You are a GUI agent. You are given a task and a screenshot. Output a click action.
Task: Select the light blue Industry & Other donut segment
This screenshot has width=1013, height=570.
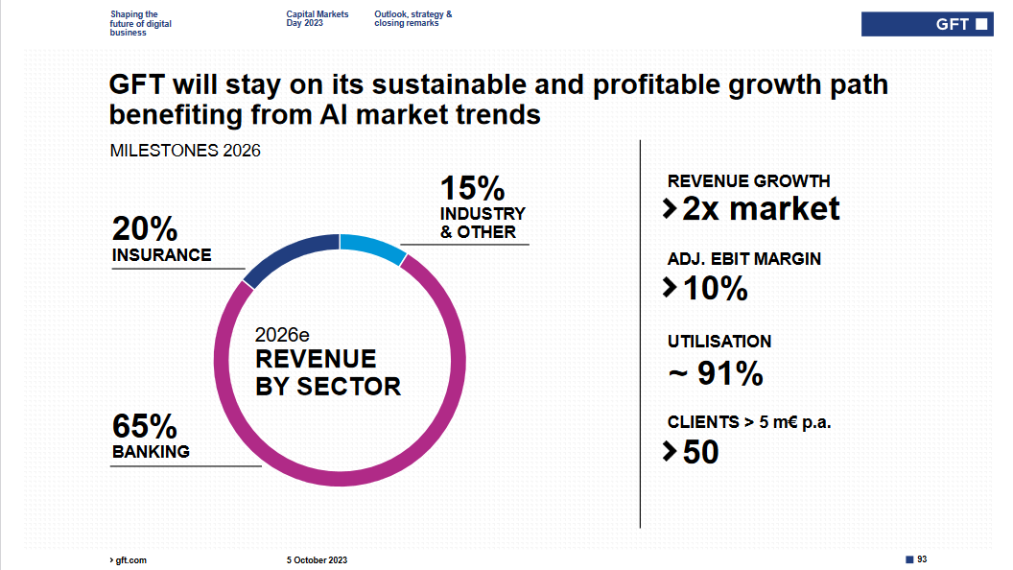pyautogui.click(x=373, y=247)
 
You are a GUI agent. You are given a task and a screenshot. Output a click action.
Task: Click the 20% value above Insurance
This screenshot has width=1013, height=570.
pyautogui.click(x=145, y=229)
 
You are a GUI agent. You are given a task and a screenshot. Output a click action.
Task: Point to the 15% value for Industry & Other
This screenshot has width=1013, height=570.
pyautogui.click(x=472, y=188)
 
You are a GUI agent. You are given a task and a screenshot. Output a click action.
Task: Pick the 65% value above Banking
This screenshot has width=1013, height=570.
pyautogui.click(x=145, y=425)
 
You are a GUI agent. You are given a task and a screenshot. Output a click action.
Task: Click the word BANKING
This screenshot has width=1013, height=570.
pyautogui.click(x=151, y=451)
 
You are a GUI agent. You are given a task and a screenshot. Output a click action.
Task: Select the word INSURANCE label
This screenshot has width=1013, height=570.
pyautogui.click(x=161, y=255)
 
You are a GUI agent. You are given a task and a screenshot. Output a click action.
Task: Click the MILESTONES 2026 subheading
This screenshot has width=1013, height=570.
pyautogui.click(x=185, y=151)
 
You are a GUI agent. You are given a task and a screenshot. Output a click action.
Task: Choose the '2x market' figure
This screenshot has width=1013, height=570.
pyautogui.click(x=760, y=208)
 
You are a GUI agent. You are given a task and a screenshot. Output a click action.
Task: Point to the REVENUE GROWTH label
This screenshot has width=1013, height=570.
pyautogui.click(x=748, y=181)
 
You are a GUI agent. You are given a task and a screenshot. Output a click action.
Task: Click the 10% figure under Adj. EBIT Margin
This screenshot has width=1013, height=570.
pyautogui.click(x=715, y=287)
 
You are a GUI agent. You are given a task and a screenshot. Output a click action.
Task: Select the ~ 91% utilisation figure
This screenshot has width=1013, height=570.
pyautogui.click(x=716, y=373)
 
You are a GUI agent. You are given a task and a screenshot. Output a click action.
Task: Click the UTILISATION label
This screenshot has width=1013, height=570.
pyautogui.click(x=719, y=342)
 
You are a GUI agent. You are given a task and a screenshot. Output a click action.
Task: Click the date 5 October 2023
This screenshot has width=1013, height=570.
pyautogui.click(x=317, y=559)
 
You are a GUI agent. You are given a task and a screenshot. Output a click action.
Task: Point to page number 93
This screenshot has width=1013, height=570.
pyautogui.click(x=922, y=558)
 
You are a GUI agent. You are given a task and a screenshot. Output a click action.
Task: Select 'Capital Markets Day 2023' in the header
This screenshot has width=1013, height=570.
pyautogui.click(x=317, y=18)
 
